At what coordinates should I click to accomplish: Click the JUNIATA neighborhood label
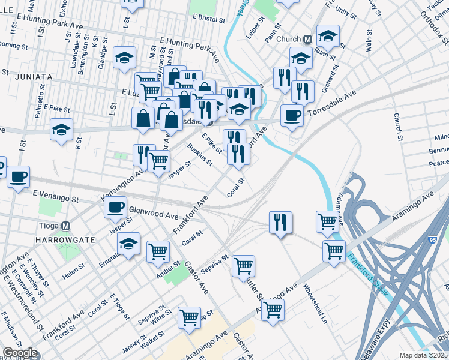pyautogui.click(x=29, y=77)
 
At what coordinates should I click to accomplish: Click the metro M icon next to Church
pyautogui.click(x=307, y=40)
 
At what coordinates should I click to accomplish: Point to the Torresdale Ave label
pyautogui.click(x=331, y=104)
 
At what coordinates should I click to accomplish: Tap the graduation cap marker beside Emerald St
pyautogui.click(x=128, y=244)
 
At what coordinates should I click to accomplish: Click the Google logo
pyautogui.click(x=19, y=353)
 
